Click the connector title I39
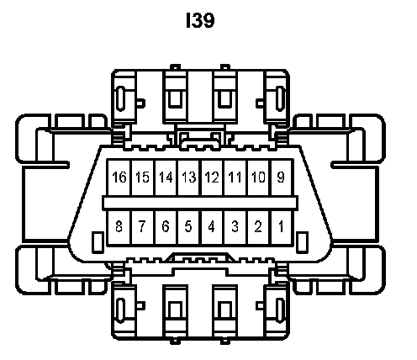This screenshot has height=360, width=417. coord(200,20)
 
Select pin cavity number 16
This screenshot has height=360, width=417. coord(119,177)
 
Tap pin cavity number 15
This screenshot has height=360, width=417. coord(143,177)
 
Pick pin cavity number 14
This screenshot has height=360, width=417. coord(166,177)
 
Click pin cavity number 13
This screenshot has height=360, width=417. coord(189,177)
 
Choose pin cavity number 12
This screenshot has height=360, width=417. coord(213,177)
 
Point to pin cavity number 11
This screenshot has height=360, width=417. coord(235,177)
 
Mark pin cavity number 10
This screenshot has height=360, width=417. coord(259,177)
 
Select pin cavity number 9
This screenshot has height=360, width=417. coord(282,177)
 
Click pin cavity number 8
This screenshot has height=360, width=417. coord(119,227)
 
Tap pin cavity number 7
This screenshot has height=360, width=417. coord(143,227)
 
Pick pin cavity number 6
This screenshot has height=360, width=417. coord(166,227)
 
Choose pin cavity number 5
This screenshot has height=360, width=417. coord(189,227)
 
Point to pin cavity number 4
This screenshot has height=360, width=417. coord(213,227)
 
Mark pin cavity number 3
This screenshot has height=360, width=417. coord(235,227)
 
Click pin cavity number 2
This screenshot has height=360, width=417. coord(259,227)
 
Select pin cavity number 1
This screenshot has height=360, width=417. coord(282,227)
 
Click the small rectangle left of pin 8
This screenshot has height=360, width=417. coord(98,242)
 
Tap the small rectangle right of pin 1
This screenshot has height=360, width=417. coord(302,242)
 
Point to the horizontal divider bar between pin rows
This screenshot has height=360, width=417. coord(200,203)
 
